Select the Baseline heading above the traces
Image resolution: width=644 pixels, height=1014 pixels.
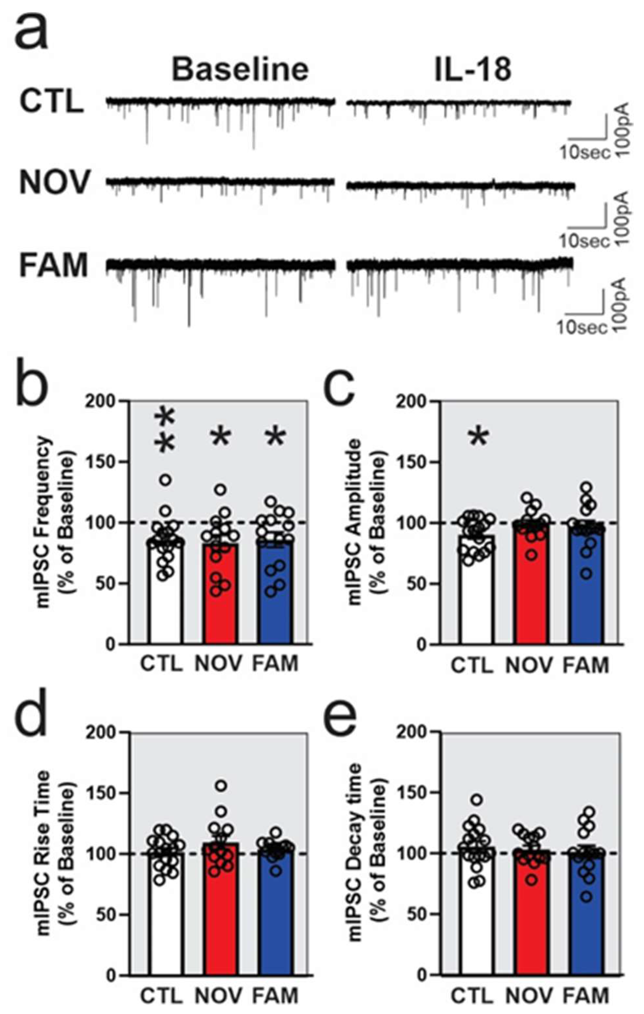[x=240, y=69]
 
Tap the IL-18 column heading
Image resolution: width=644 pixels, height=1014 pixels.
[x=473, y=69]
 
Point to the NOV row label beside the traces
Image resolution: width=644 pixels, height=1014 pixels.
[x=55, y=183]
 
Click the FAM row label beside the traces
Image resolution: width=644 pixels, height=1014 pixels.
[x=54, y=266]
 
